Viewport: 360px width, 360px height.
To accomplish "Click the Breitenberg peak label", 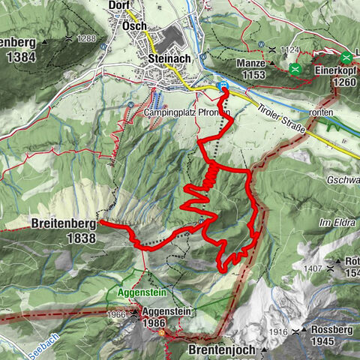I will pos(64,223).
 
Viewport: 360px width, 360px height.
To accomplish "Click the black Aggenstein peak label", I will pos(166,310).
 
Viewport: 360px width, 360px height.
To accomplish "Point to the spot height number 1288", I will pos(87,37).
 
